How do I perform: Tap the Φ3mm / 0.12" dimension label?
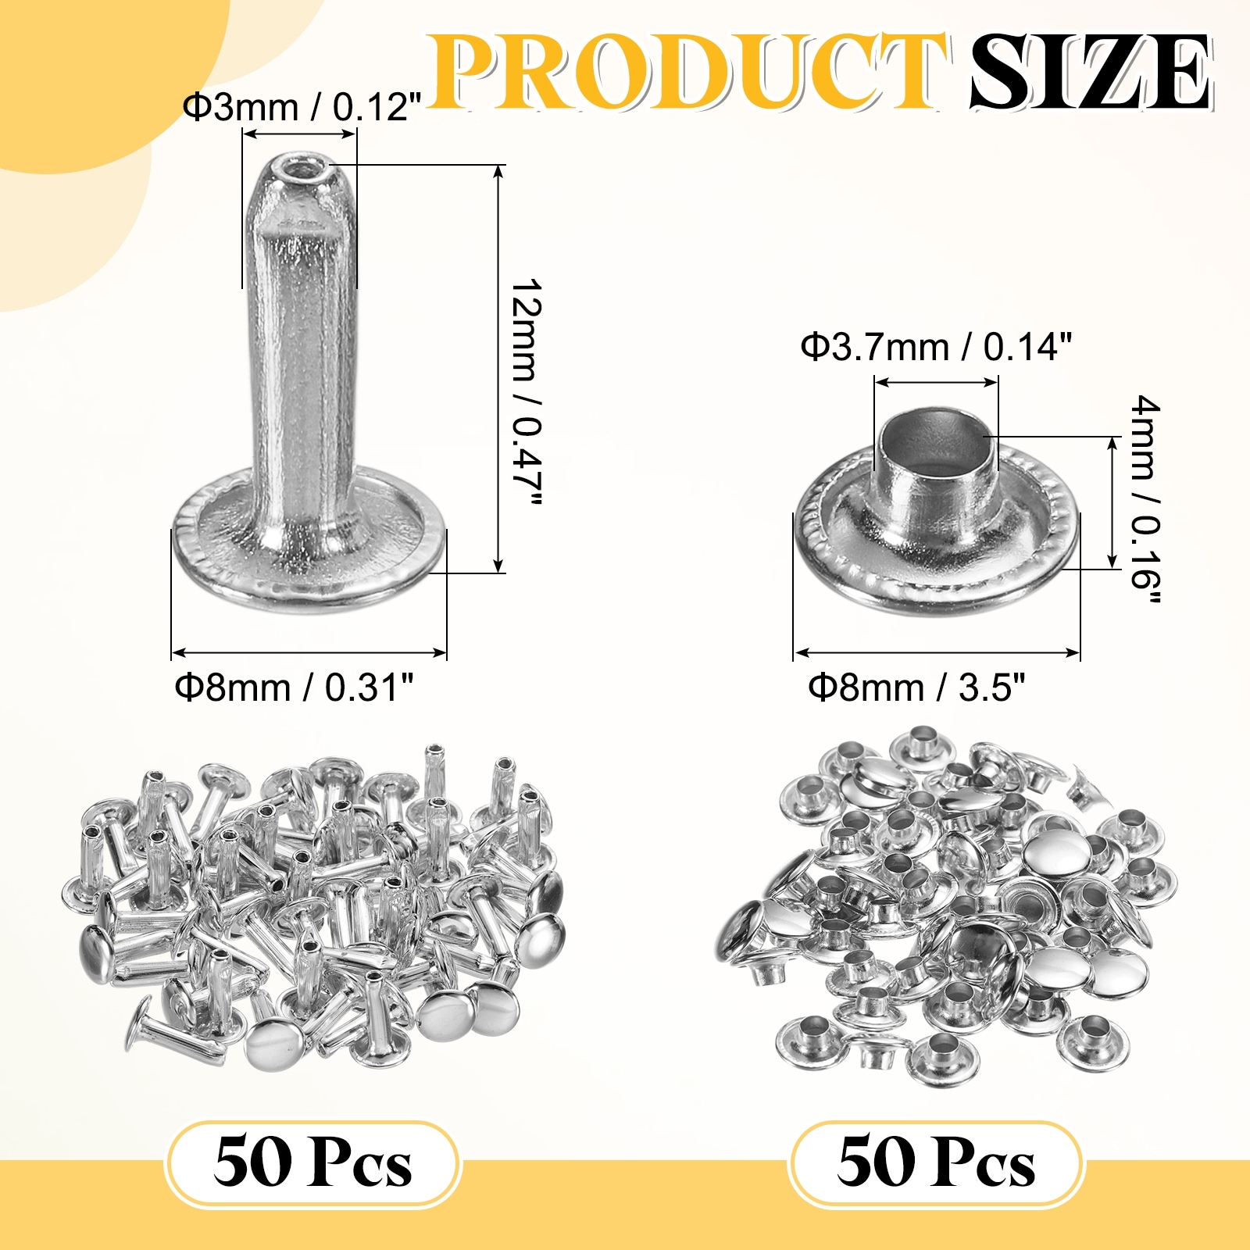(302, 106)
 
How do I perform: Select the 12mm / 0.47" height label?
(526, 391)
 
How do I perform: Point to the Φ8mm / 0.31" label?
(294, 687)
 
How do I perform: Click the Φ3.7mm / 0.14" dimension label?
(936, 346)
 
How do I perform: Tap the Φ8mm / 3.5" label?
(916, 687)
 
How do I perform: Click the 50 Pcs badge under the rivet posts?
(312, 1164)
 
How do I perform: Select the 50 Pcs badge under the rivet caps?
(936, 1164)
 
